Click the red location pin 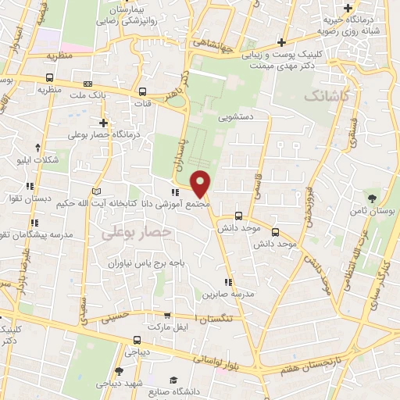click(x=202, y=183)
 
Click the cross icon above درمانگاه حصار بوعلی click(x=103, y=123)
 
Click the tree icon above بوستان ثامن click(x=373, y=198)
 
